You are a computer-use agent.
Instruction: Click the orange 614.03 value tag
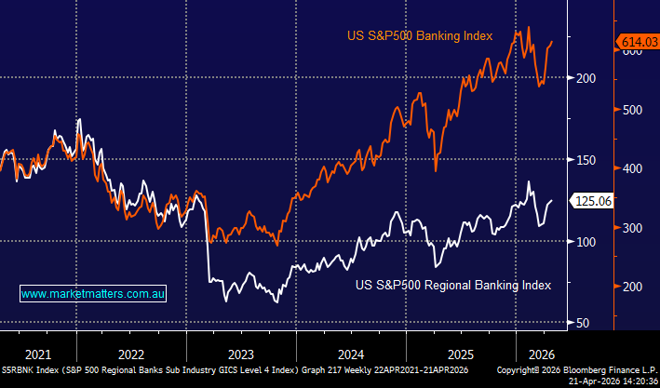pos(639,41)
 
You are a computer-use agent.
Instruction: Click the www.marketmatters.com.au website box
pos(93,293)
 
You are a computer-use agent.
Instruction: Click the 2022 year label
pos(131,354)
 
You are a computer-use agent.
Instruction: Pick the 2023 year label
pos(240,354)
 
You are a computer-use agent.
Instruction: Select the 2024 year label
pos(350,354)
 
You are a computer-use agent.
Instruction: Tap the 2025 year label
pos(460,354)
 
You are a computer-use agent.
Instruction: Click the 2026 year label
pos(541,354)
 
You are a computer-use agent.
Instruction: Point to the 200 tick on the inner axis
pos(586,78)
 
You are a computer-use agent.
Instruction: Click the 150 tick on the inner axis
pos(586,160)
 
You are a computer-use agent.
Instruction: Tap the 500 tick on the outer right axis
pos(633,109)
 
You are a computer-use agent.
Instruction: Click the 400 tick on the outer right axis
pos(633,168)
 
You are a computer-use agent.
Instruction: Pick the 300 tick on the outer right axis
pos(633,228)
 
